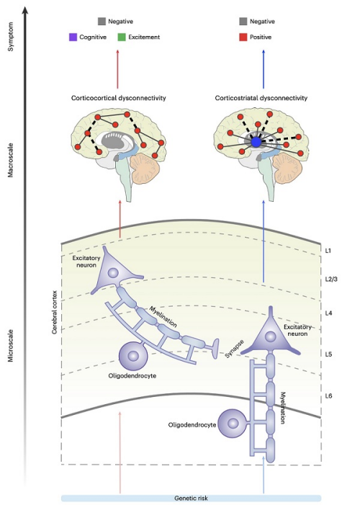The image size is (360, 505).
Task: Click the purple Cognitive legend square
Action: pyautogui.click(x=73, y=37)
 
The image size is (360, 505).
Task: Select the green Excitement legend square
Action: pyautogui.click(x=122, y=37)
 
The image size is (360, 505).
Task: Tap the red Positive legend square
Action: pyautogui.click(x=243, y=37)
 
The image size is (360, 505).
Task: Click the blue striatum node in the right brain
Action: pyautogui.click(x=256, y=142)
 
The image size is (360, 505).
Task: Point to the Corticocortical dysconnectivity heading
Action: pyautogui.click(x=119, y=98)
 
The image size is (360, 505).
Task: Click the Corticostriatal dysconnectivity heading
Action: pyautogui.click(x=261, y=98)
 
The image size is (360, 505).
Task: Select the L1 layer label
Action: pyautogui.click(x=328, y=251)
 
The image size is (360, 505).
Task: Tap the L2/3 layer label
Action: pyautogui.click(x=331, y=280)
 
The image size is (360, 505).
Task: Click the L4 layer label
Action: pyautogui.click(x=328, y=313)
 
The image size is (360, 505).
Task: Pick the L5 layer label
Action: pyautogui.click(x=328, y=354)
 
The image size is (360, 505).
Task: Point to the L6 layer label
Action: pyautogui.click(x=328, y=396)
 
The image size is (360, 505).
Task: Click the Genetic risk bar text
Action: pyautogui.click(x=191, y=499)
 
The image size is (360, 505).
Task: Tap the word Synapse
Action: pyautogui.click(x=235, y=349)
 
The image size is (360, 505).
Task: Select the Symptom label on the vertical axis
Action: pyautogui.click(x=11, y=37)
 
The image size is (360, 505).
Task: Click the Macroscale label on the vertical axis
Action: pyautogui.click(x=11, y=160)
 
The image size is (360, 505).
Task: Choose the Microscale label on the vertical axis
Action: pyautogui.click(x=11, y=346)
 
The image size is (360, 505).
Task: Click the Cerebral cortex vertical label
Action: pyautogui.click(x=55, y=312)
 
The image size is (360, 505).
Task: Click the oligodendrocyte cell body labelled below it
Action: pyautogui.click(x=133, y=356)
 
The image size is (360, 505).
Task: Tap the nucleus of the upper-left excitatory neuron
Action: pyautogui.click(x=113, y=273)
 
